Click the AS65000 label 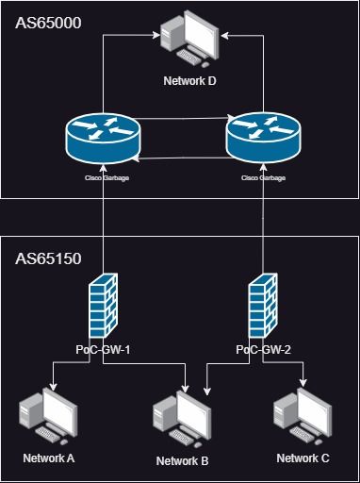point(48,20)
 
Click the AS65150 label point(48,257)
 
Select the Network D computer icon point(191,40)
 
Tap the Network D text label point(191,82)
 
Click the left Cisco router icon point(102,140)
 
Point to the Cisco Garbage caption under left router point(102,176)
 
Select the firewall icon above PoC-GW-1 point(102,308)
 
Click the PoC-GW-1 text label point(102,350)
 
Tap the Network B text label point(183,460)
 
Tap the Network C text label point(303,458)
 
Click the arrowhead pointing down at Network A point(53,387)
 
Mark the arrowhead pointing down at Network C point(303,385)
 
